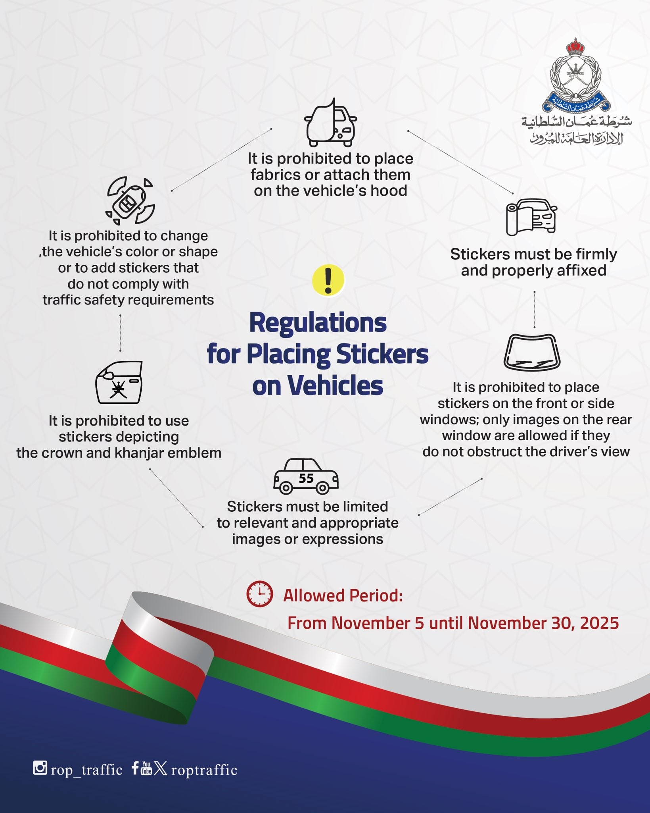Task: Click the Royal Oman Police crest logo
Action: tap(575, 75)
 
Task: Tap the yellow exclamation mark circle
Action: tap(328, 280)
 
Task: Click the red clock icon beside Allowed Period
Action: tap(260, 594)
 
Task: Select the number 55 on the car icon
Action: tap(306, 478)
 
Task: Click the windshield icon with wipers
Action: tap(532, 352)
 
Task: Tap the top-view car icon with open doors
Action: tap(130, 200)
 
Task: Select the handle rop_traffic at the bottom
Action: tap(86, 770)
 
